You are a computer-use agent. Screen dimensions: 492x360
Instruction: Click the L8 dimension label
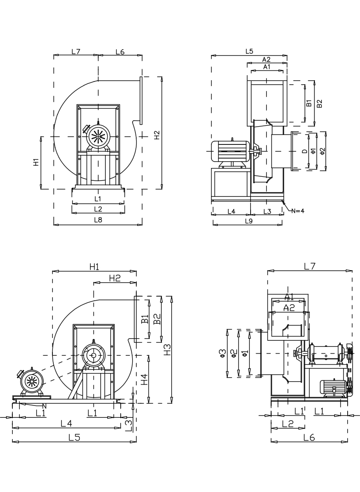(98, 219)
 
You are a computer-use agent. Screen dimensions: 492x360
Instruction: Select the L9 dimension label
(249, 220)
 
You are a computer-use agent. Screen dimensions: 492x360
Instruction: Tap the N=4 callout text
(297, 210)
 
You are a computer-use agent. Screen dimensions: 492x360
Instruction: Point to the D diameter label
(304, 151)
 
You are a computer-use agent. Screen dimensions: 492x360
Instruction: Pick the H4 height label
(144, 379)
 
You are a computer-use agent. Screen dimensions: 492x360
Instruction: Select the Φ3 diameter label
(223, 353)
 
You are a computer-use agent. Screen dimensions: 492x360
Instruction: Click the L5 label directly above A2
(249, 51)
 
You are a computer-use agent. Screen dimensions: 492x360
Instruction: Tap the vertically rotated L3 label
(129, 425)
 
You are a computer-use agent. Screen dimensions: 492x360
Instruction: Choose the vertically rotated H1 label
(36, 162)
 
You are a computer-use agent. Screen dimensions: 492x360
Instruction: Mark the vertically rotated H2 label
(157, 135)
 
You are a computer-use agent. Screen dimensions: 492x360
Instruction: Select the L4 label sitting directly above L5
(67, 423)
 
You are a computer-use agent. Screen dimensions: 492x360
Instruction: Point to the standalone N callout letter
(44, 406)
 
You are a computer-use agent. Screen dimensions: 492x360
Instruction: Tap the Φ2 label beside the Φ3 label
(233, 353)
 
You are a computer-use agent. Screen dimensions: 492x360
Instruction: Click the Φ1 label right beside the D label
(313, 151)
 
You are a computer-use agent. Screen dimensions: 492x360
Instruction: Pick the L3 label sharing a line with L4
(267, 211)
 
